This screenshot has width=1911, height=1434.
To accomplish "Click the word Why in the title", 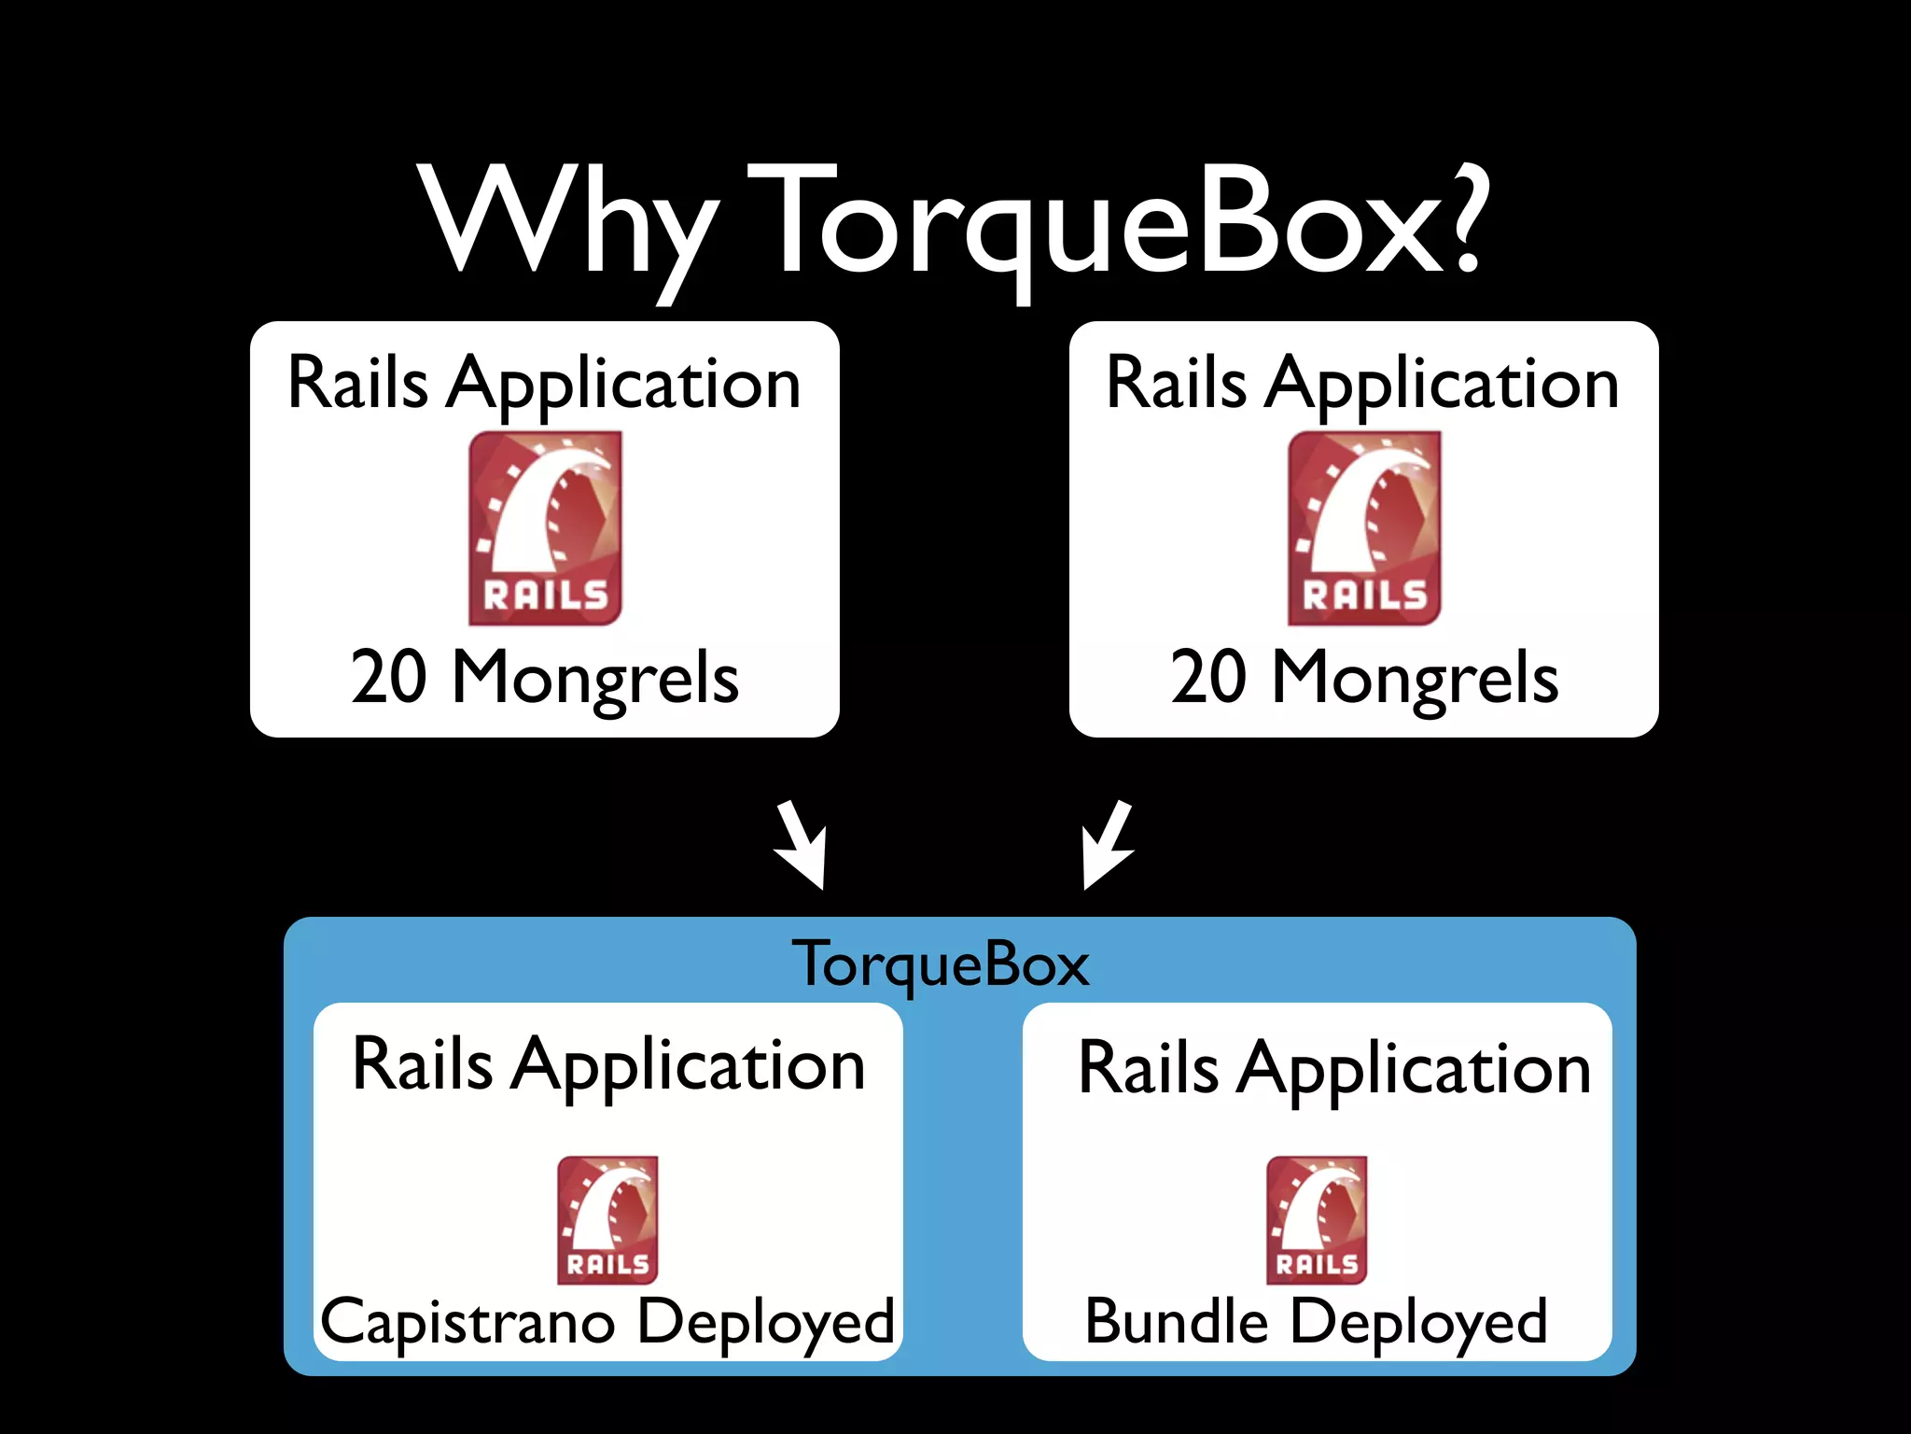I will click(569, 224).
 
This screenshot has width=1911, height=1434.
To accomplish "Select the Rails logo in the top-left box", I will click(545, 527).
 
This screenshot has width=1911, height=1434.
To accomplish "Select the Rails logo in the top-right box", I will click(1364, 527).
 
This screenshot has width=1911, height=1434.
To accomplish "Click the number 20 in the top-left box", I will click(389, 677).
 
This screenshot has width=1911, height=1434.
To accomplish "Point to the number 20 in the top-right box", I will click(1208, 677).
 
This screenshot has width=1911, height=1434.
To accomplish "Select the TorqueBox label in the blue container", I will click(941, 964).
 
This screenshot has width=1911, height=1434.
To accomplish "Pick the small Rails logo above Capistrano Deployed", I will click(607, 1220).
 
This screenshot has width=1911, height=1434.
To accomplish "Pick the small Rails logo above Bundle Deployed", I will click(1317, 1220).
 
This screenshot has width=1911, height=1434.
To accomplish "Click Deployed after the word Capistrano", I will click(766, 1323).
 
